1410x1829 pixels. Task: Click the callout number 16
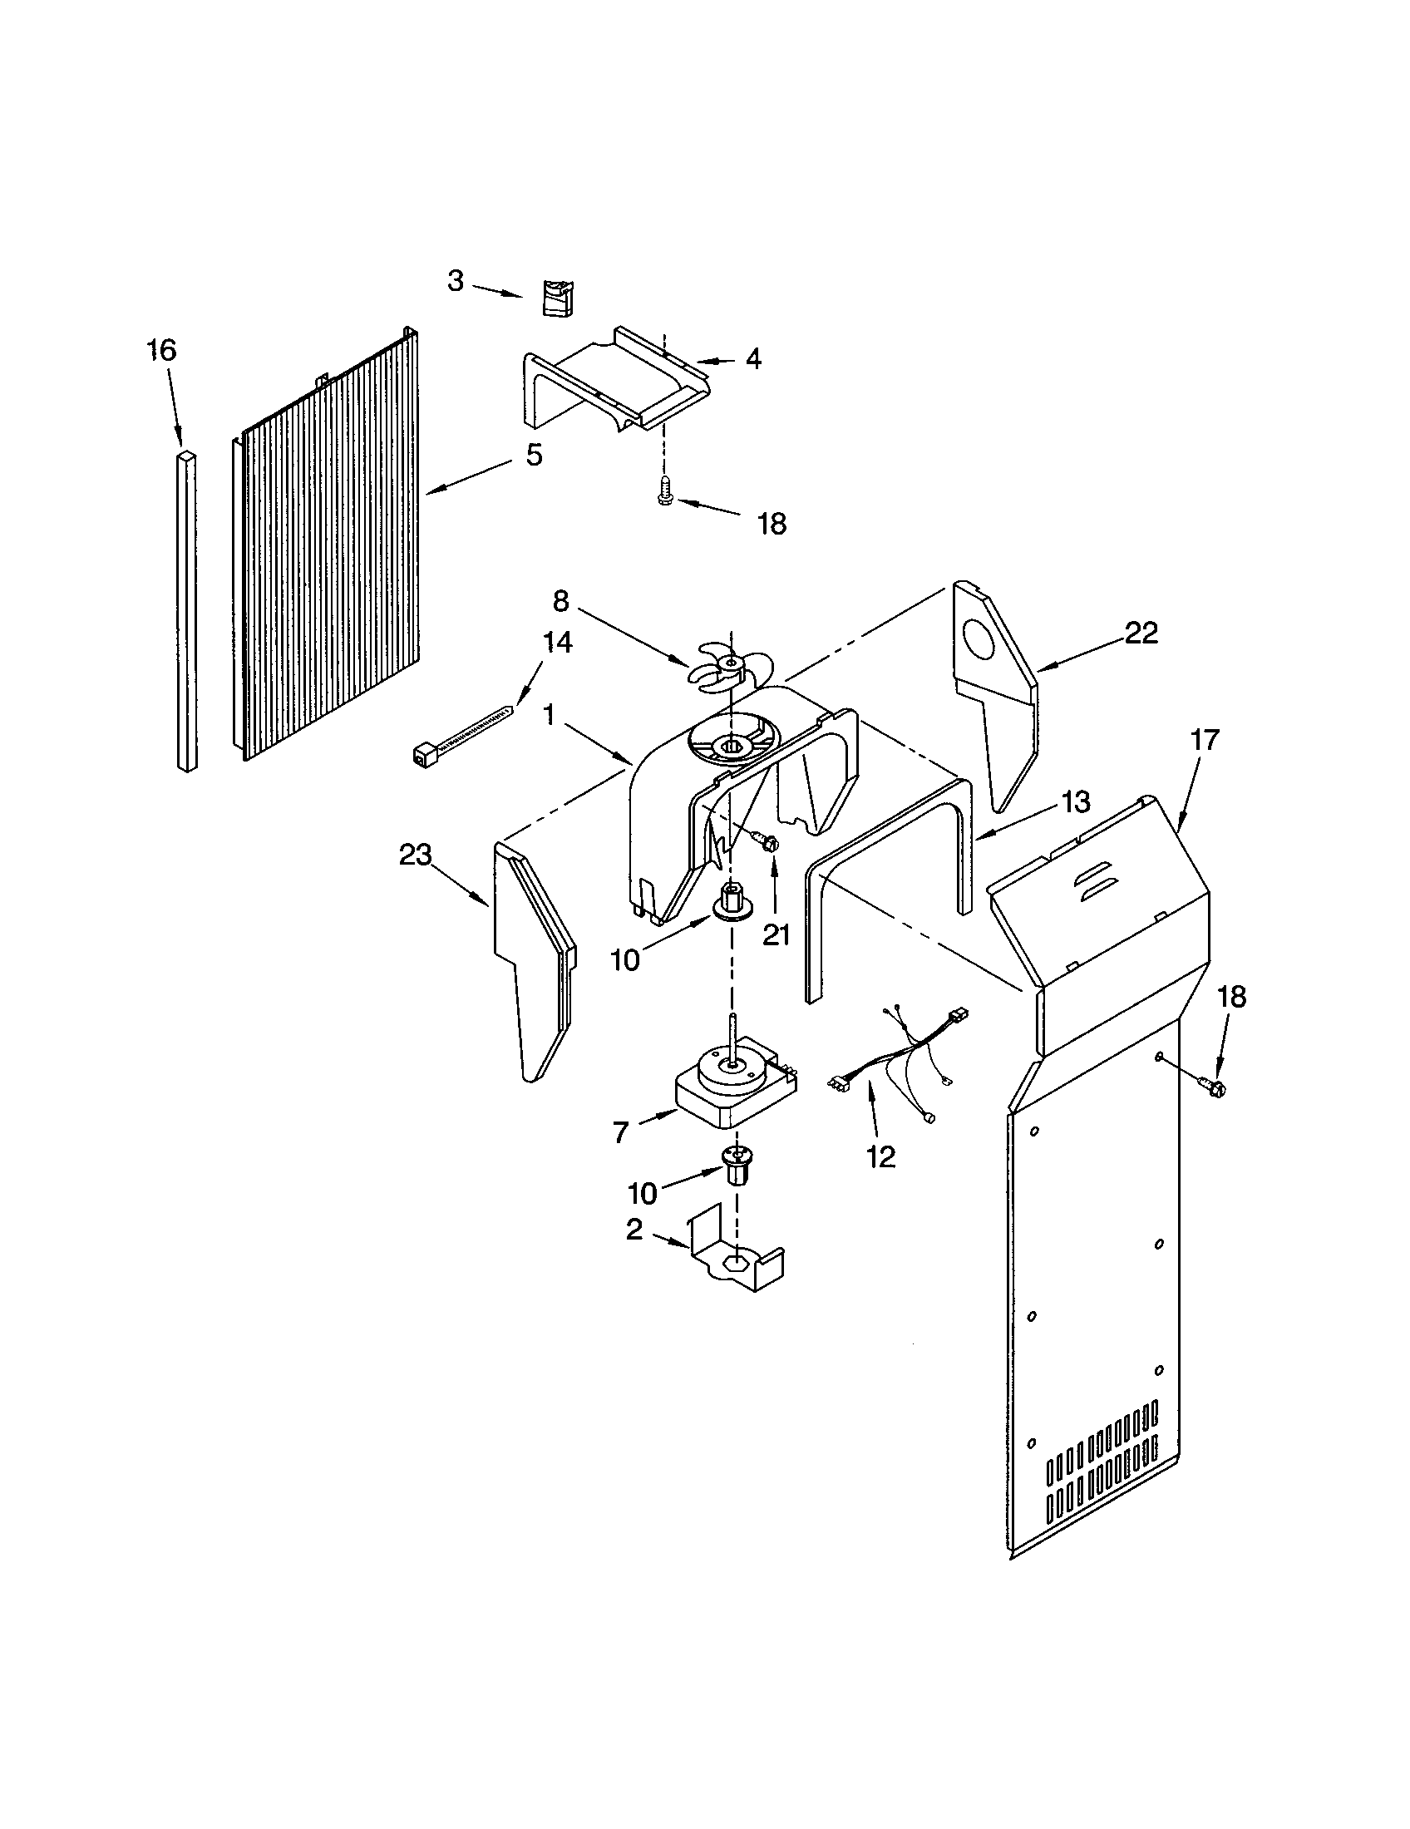[161, 349]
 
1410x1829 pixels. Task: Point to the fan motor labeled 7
[735, 1087]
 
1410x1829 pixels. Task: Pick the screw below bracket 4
[666, 489]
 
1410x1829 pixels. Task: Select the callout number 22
[1140, 633]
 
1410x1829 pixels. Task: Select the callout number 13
[1077, 803]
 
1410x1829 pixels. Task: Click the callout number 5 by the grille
[534, 456]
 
